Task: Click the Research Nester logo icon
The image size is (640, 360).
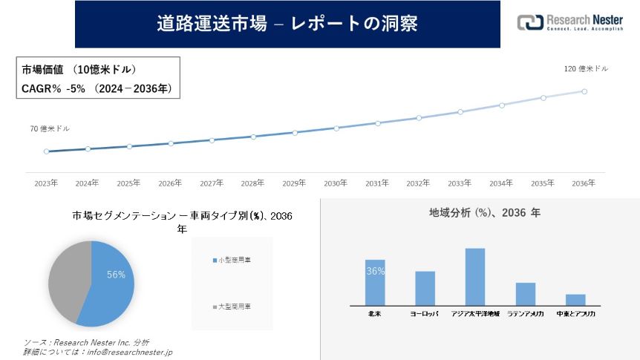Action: coord(530,22)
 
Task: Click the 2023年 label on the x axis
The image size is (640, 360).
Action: coord(46,183)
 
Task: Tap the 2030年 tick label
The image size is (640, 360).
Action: coord(336,183)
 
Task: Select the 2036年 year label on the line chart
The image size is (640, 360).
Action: coord(584,183)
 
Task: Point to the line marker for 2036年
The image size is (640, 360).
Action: coord(584,91)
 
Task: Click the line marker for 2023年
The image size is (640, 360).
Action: coord(46,151)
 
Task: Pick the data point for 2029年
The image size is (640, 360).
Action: coord(295,133)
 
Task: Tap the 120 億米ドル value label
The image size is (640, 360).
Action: coord(586,69)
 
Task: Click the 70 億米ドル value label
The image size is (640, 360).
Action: coord(50,128)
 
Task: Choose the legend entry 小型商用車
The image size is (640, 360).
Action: coord(232,261)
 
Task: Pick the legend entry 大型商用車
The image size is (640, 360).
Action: coord(232,307)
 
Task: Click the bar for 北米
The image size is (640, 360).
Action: coord(375,282)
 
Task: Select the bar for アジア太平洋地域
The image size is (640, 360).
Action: coord(475,276)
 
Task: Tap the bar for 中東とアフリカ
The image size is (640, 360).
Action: coord(575,299)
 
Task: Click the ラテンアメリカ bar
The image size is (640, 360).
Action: coord(526,293)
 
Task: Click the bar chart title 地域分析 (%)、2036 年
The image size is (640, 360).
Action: coord(485,212)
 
